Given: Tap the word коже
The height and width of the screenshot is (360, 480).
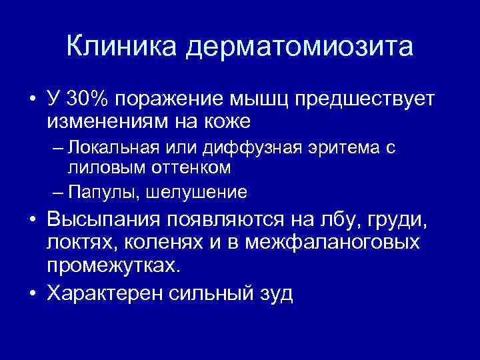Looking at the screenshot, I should (x=228, y=121).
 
